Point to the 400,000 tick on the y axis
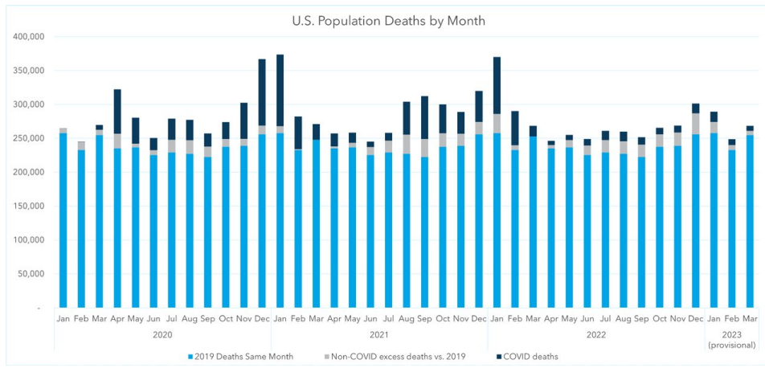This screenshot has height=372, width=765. pos(28,37)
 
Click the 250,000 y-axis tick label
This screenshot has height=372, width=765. pos(28,138)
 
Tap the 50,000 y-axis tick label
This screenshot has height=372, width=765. pos(31,274)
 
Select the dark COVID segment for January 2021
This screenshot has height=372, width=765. pos(280,90)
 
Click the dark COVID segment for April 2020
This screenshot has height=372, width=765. pos(117,112)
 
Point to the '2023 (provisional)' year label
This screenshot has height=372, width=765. pos(731,338)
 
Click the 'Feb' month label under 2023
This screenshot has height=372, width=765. pos(731,318)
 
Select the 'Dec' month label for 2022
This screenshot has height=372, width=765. pos(696,318)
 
